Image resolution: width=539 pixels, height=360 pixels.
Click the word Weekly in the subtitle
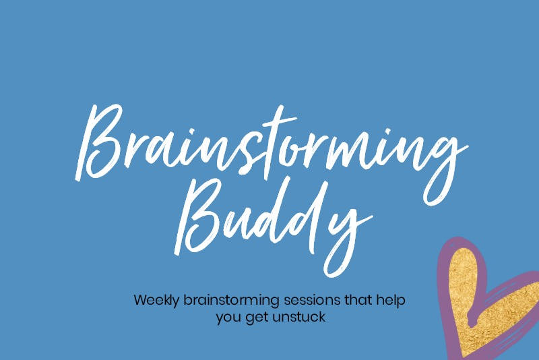pos(156,300)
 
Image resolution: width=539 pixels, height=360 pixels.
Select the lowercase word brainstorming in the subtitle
pos(231,301)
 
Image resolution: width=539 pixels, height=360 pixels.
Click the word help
pos(391,301)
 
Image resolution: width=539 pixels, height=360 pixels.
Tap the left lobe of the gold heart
pos(464,275)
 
